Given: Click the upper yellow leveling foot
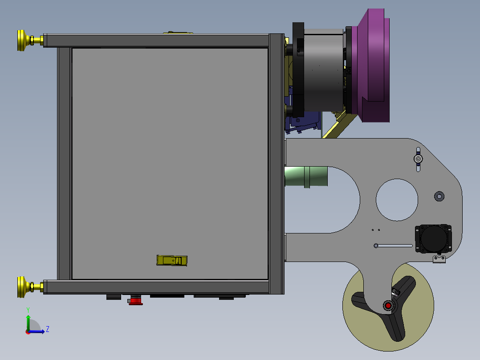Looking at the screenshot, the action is [x=30, y=40].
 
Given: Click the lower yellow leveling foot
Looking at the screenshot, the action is [x=30, y=287].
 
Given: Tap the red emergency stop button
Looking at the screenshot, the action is [x=135, y=300].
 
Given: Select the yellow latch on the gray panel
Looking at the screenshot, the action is [x=172, y=261].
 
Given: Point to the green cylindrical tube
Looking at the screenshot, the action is [x=306, y=176].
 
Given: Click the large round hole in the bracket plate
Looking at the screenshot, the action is [x=397, y=200].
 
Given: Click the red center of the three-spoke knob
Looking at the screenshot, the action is [x=388, y=306].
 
